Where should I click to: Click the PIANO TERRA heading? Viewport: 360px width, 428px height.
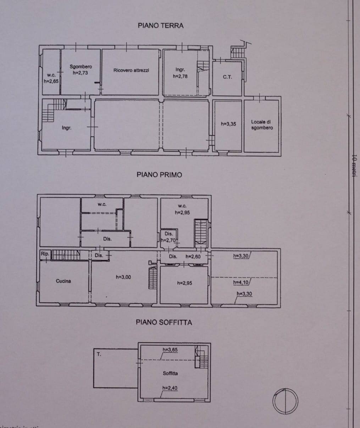tap(160, 26)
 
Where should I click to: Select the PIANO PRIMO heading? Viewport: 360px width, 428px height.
tap(159, 175)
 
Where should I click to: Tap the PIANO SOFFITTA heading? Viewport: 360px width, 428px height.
tap(164, 322)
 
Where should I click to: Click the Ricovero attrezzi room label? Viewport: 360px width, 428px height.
tap(131, 70)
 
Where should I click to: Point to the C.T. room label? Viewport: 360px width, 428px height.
tap(227, 77)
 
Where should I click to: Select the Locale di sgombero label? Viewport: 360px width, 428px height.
tap(262, 125)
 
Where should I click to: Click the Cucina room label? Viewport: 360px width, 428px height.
tap(63, 281)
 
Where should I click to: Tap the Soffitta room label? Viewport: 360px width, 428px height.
tap(170, 373)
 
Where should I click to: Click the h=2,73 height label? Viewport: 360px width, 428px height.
tap(80, 73)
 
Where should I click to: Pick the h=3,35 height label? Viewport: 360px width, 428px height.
tap(228, 124)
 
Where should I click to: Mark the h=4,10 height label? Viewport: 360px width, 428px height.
tap(241, 282)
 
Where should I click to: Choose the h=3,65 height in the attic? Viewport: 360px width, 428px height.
tap(170, 350)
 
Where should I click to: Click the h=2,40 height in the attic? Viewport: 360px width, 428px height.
tap(170, 388)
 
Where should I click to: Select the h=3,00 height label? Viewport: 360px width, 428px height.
tap(123, 277)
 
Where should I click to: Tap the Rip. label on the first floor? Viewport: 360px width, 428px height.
tap(45, 254)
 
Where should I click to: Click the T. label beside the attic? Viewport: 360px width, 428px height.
tap(99, 354)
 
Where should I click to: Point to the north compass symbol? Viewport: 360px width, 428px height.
tap(285, 401)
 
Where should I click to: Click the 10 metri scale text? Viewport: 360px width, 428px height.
tap(353, 167)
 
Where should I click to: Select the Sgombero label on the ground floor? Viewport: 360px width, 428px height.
tap(81, 67)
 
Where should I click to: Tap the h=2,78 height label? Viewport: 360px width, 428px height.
tap(180, 76)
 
